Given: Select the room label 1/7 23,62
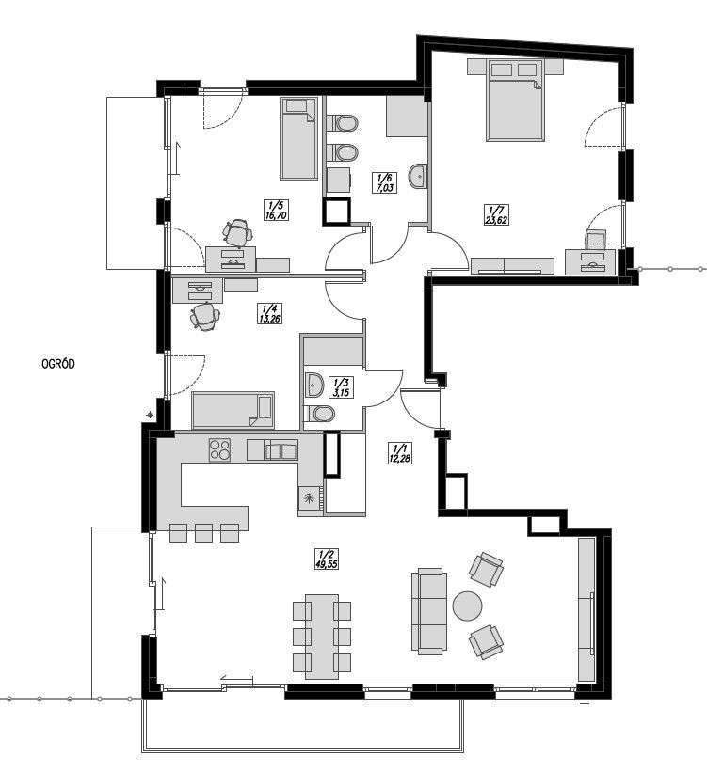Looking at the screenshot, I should [496, 215].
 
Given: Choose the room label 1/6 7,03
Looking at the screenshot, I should [383, 182].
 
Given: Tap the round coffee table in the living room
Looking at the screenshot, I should [468, 606].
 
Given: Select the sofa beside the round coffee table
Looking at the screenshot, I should [429, 610].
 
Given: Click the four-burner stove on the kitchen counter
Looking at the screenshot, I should [219, 450].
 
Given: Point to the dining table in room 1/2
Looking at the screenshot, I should [322, 637].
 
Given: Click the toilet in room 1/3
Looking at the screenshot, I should [318, 414].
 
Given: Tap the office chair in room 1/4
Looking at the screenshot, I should [204, 316].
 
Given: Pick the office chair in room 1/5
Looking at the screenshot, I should [237, 231].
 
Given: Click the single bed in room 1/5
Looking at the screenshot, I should [298, 138].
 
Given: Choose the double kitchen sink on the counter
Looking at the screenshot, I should [280, 451].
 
